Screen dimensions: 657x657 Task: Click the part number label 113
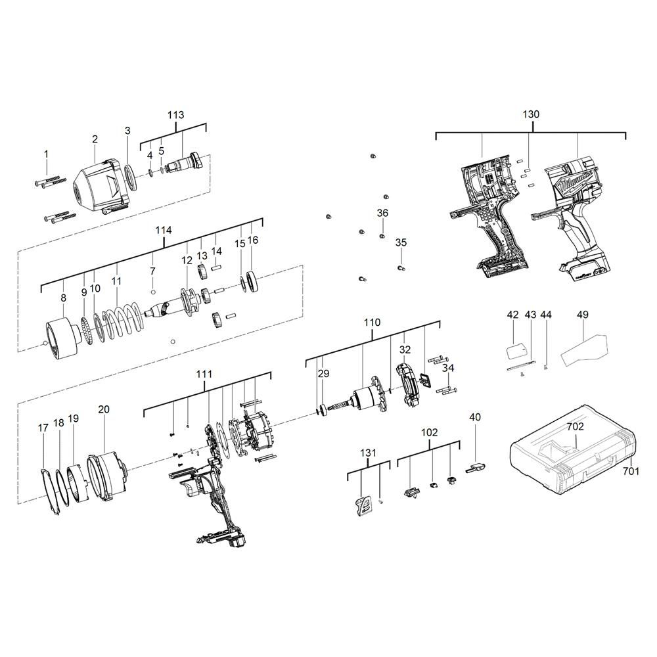click(x=175, y=115)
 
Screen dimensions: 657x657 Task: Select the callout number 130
click(x=531, y=114)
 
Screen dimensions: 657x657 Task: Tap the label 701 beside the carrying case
click(x=631, y=471)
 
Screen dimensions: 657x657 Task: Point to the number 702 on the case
click(x=576, y=428)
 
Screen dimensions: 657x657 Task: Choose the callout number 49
click(x=582, y=314)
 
